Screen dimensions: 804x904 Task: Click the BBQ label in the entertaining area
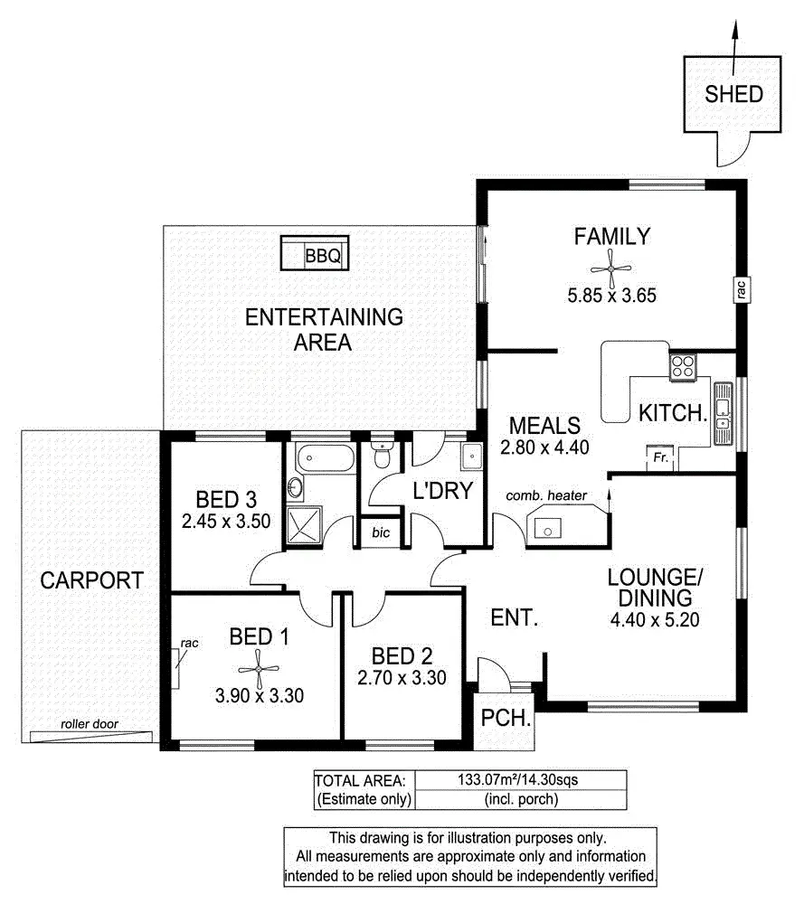(323, 256)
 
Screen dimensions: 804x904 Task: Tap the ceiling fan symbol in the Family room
(612, 267)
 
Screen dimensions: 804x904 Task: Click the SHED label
(733, 94)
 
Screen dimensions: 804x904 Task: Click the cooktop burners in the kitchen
(683, 367)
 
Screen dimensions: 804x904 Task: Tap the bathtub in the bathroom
(321, 457)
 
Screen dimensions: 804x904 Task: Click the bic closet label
(381, 532)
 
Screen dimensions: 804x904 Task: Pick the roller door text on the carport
(90, 723)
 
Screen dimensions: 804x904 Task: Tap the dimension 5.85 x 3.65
(612, 295)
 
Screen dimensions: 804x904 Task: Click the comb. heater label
(546, 495)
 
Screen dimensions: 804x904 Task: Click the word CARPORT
(91, 580)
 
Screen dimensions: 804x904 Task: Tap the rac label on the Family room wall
(739, 290)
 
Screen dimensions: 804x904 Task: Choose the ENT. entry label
(515, 619)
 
